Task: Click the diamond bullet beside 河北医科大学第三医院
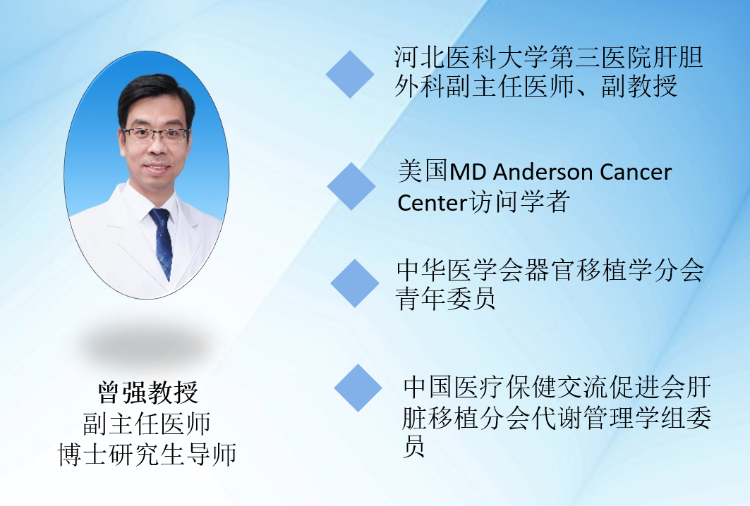[x=350, y=75]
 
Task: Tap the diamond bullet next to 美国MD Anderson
[x=351, y=186]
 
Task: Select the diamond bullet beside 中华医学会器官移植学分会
[x=355, y=283]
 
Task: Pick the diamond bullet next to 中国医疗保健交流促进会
[x=358, y=388]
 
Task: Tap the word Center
[x=432, y=202]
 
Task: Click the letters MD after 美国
[x=467, y=172]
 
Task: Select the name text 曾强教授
[x=147, y=393]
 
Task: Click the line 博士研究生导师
[x=147, y=454]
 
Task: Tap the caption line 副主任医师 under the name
[x=147, y=424]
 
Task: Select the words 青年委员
[x=445, y=299]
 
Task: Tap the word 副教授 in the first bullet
[x=639, y=87]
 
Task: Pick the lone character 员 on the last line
[x=413, y=448]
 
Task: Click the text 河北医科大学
[x=471, y=57]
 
